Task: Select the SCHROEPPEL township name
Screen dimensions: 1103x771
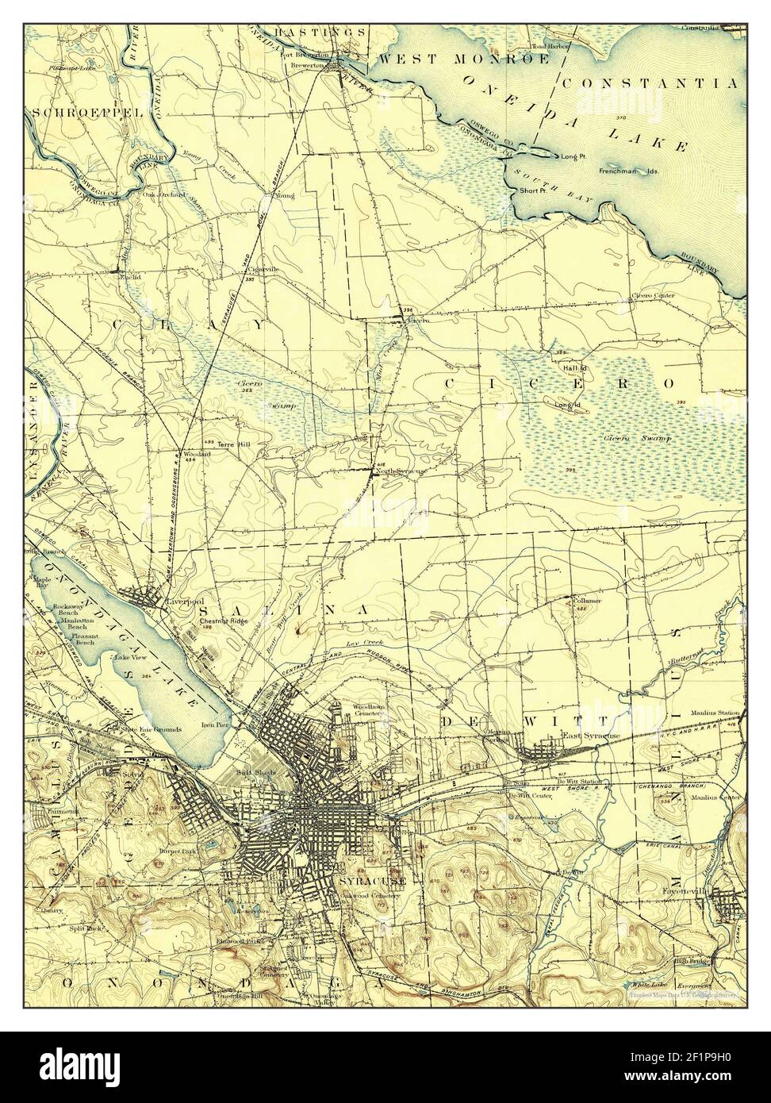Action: [x=87, y=113]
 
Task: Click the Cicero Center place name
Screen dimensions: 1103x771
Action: [x=653, y=296]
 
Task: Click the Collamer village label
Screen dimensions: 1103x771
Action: [x=585, y=601]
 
